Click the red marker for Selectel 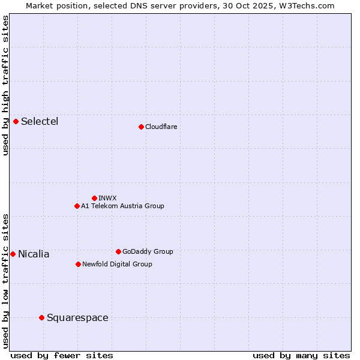pos(16,122)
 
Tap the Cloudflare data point pos(141,127)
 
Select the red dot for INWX pos(94,198)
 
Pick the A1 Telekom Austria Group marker pos(77,206)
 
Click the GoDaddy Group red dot pos(118,251)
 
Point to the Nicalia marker pos(13,254)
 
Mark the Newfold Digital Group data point pos(78,264)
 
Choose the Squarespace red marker pos(41,317)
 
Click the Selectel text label pos(40,122)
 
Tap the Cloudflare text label pos(161,127)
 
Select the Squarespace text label pos(77,317)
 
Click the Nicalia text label pos(34,254)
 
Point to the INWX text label pos(107,198)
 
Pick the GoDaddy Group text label pos(148,251)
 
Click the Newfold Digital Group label pos(117,264)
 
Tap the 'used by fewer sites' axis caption pos(62,355)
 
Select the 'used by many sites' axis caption pos(301,355)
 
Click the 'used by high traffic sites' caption pos(5,85)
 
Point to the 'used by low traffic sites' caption pos(5,280)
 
